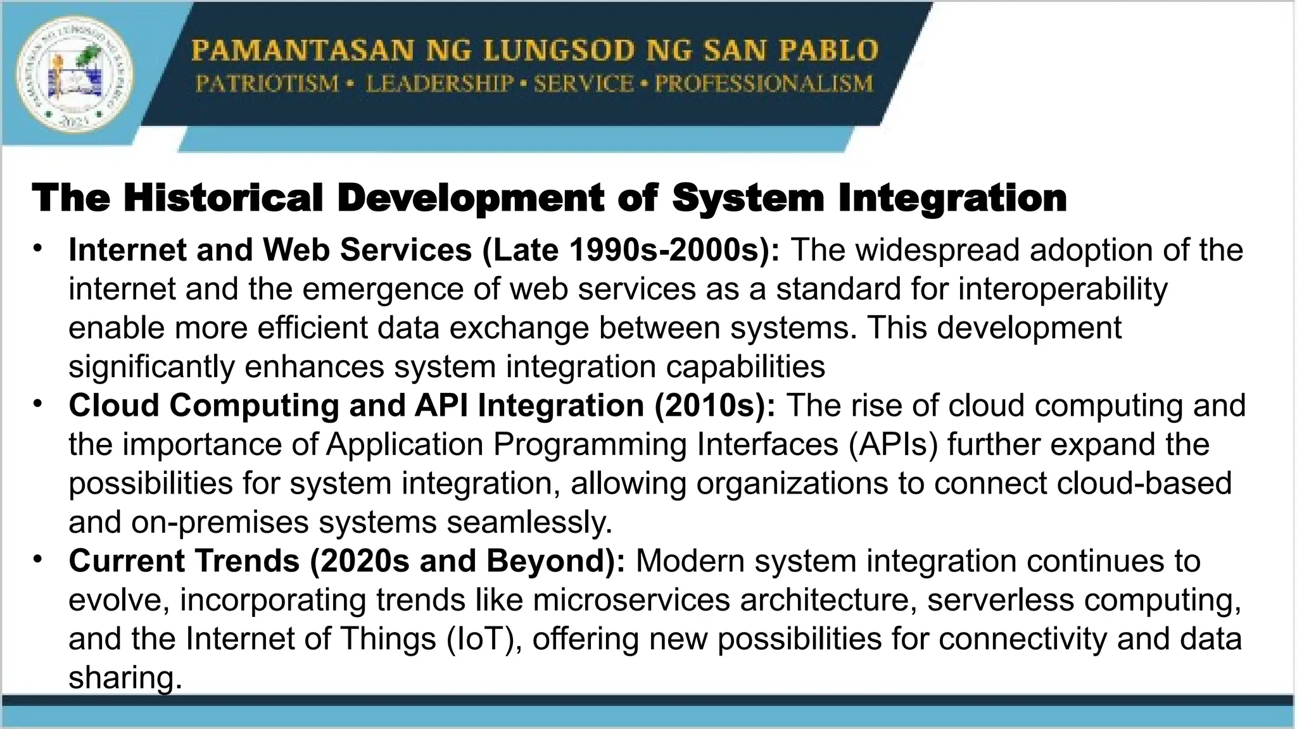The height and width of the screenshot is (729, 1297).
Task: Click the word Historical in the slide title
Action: [x=224, y=198]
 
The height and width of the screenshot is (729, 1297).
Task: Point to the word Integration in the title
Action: [x=952, y=198]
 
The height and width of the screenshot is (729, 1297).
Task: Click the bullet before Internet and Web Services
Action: [x=39, y=247]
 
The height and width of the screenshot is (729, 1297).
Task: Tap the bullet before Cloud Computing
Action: [x=39, y=402]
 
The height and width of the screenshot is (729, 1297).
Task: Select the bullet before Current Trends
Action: [x=39, y=558]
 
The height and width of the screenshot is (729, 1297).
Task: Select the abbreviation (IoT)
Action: [x=484, y=639]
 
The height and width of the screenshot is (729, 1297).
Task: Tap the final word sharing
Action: [x=125, y=678]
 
